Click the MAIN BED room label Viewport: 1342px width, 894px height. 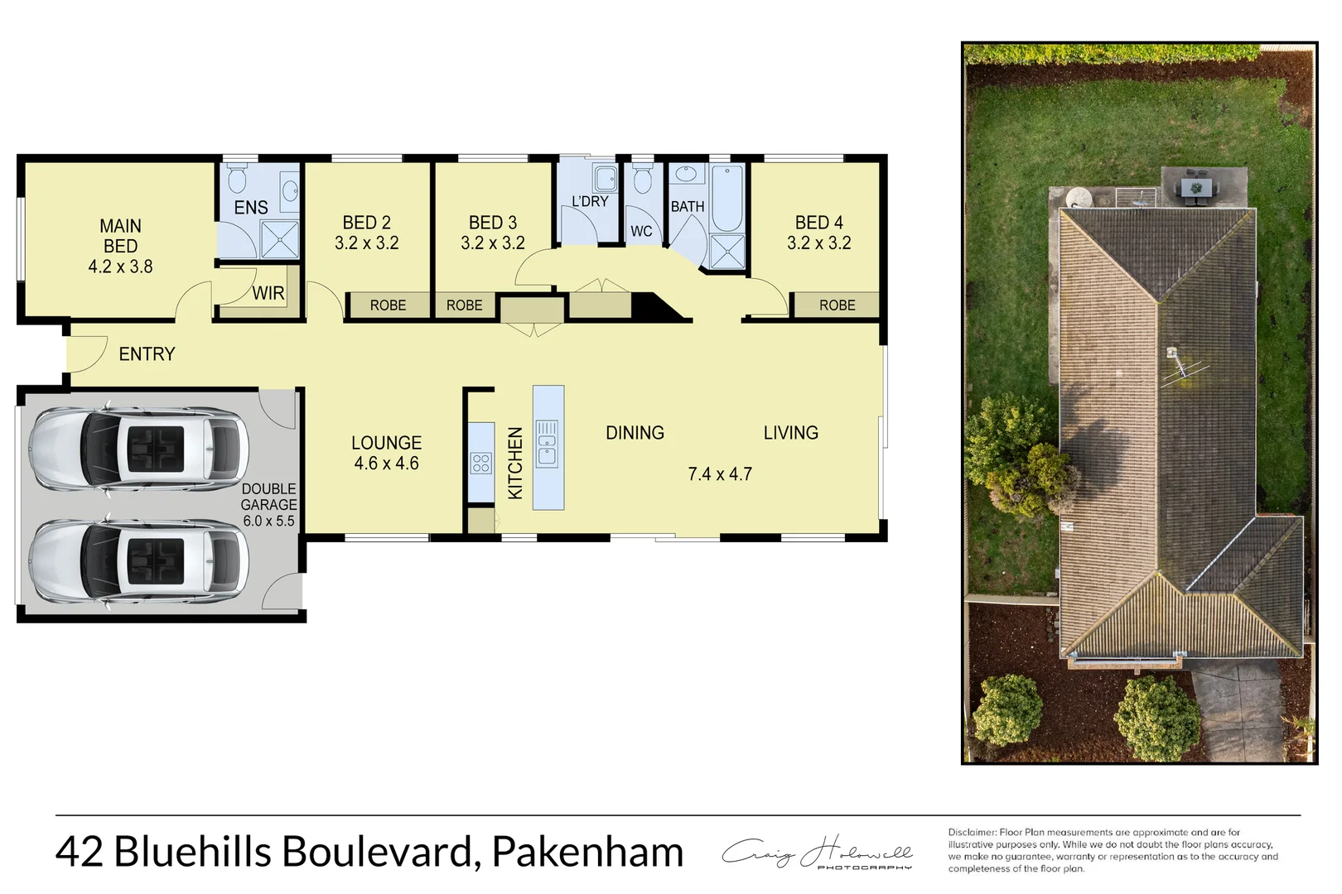point(120,236)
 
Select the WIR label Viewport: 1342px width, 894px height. point(268,293)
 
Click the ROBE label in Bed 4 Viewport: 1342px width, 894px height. point(837,305)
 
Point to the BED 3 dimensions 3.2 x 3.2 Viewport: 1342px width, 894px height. point(493,243)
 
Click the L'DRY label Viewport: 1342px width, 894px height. point(590,201)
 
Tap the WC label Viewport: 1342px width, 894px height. point(641,232)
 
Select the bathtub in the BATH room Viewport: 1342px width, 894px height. point(728,199)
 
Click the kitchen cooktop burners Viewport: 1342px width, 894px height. point(480,463)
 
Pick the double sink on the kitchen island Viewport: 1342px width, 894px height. point(548,444)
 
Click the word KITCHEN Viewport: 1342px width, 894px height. point(515,463)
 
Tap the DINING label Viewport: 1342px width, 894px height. point(635,433)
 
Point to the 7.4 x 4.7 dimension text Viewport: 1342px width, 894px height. point(720,474)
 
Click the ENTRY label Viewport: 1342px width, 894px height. point(147,354)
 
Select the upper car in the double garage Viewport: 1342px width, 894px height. point(138,448)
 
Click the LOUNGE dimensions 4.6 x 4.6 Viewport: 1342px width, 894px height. point(386,464)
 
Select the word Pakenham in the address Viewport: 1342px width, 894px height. point(587,852)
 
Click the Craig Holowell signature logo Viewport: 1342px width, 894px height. point(817,853)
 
